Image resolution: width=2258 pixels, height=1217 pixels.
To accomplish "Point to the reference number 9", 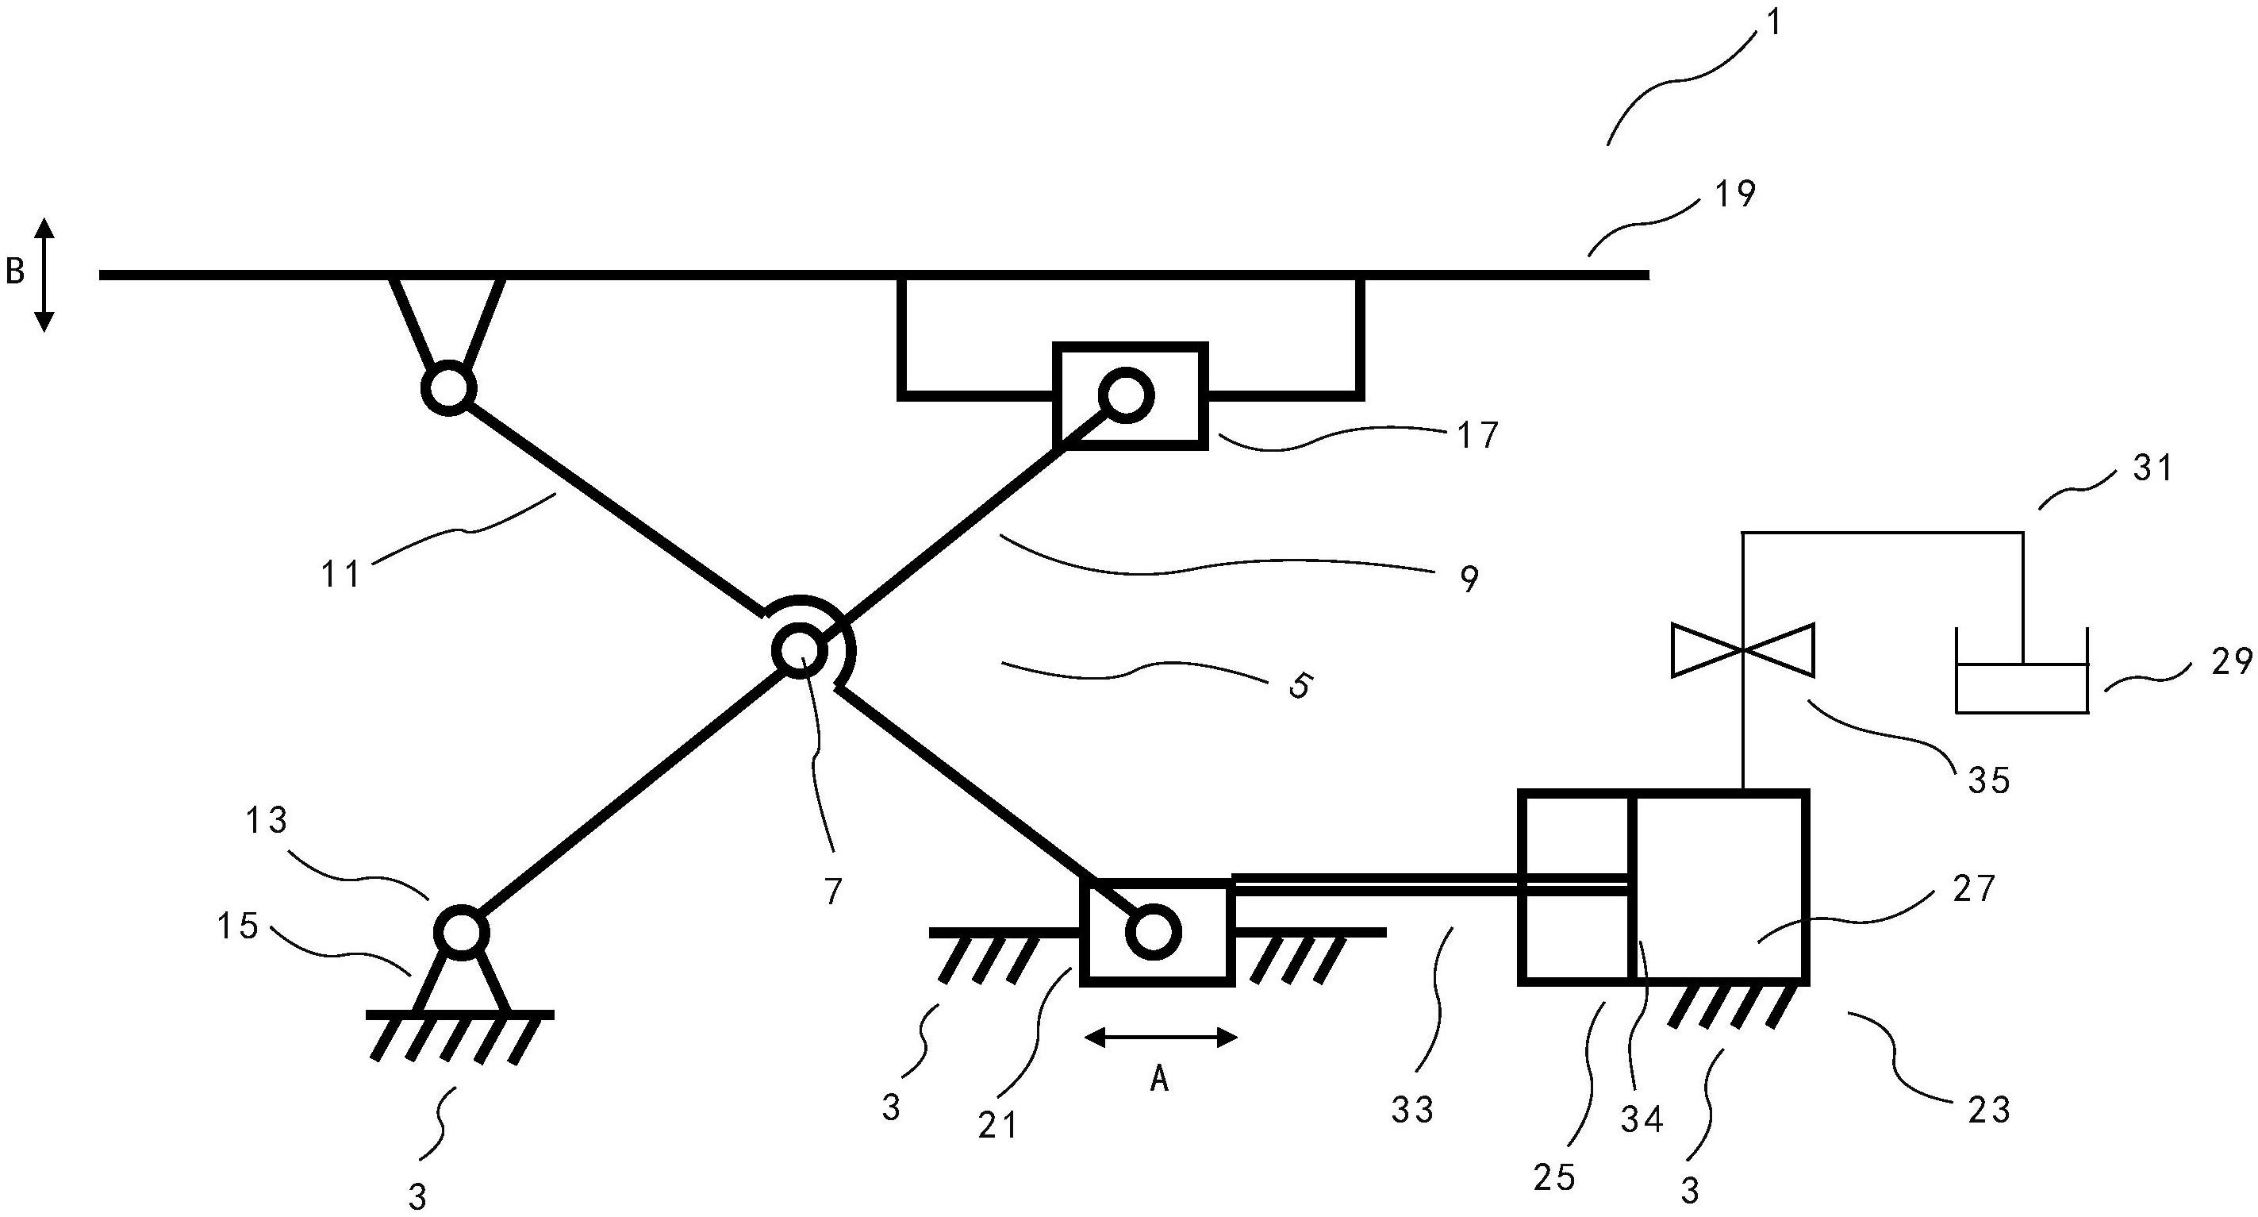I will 1470,579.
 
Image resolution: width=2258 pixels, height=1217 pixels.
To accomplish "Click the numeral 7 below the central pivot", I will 833,891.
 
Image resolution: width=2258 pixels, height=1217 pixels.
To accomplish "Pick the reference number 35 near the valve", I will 1989,780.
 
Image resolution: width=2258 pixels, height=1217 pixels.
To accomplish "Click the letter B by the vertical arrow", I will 15,272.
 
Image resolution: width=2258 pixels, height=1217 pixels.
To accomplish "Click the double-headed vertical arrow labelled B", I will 44,275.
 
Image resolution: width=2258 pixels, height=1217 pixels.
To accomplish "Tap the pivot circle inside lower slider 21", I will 1153,933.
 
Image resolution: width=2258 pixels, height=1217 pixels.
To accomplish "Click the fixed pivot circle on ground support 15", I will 461,931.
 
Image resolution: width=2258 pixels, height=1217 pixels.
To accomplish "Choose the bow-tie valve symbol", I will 1742,649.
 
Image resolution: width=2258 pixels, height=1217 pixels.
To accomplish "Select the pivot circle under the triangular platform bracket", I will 449,387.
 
